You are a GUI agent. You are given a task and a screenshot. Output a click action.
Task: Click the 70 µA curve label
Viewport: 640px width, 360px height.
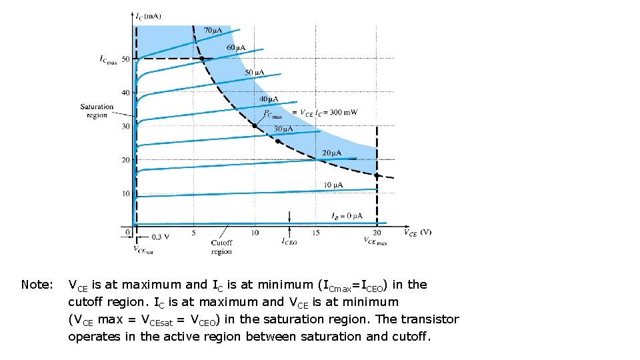point(213,31)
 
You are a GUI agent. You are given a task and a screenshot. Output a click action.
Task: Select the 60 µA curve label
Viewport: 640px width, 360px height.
point(236,48)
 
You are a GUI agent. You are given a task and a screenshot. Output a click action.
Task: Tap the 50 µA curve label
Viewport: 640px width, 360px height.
point(254,72)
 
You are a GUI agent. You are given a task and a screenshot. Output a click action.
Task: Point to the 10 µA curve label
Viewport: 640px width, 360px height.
point(333,184)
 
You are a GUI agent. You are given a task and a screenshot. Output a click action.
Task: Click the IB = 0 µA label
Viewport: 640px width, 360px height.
point(347,215)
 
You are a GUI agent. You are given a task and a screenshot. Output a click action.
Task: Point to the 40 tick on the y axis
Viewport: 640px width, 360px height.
point(125,92)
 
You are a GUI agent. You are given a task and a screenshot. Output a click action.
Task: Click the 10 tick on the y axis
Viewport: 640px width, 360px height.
point(125,193)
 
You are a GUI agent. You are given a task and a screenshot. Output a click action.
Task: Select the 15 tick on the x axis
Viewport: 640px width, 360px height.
point(316,233)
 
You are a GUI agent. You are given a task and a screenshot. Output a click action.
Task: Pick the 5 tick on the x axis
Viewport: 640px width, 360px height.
point(193,233)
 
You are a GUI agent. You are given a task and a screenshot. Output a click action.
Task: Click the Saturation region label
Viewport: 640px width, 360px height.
point(97,111)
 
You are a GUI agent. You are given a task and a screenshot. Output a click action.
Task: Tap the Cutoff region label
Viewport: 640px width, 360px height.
point(221,247)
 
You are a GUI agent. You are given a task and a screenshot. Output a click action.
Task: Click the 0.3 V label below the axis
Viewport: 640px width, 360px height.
point(161,237)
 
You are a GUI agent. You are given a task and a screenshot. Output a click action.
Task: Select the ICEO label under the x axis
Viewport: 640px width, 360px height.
point(289,241)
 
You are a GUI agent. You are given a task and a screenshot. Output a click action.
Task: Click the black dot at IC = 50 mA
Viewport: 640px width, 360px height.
point(201,59)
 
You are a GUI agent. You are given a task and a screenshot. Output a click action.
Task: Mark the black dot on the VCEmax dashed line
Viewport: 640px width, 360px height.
point(377,175)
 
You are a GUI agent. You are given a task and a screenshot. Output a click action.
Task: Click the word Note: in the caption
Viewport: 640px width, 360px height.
point(37,285)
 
